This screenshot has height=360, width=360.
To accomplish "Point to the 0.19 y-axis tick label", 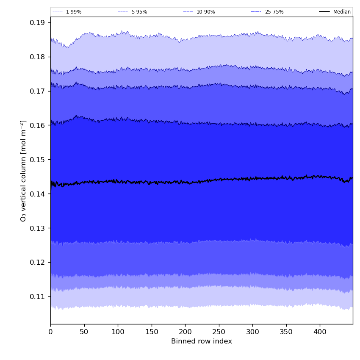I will (x=38, y=22).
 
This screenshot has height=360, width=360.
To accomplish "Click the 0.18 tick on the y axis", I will (x=38, y=57).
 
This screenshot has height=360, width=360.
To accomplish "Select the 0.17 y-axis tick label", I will (x=38, y=91).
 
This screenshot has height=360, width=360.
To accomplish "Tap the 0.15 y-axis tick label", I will (x=38, y=160).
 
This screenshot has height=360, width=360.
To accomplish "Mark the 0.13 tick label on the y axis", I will (x=38, y=228).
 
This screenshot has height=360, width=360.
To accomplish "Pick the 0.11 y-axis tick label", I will (x=38, y=296).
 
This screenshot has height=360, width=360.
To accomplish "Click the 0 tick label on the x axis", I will (x=50, y=332).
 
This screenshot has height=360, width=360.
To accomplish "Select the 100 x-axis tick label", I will (x=118, y=332).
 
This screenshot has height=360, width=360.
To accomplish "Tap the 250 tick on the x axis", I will (x=219, y=332).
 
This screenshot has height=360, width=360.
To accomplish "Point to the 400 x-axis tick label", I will (x=320, y=332).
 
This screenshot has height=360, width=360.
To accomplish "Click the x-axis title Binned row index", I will (x=202, y=341).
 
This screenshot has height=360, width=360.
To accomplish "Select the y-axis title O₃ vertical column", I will (x=23, y=171).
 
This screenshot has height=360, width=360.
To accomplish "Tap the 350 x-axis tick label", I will (x=286, y=332).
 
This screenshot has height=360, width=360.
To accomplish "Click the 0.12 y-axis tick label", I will (x=38, y=262).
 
